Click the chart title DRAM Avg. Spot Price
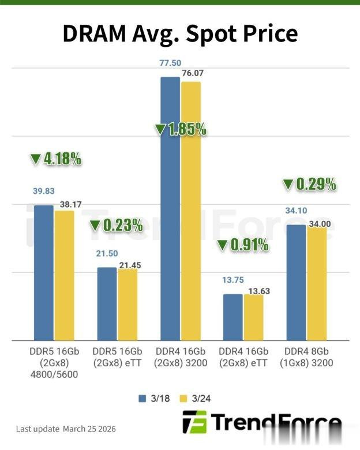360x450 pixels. tap(179, 34)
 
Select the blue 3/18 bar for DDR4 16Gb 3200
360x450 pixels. tap(170, 208)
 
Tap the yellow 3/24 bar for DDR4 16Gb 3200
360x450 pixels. tap(191, 211)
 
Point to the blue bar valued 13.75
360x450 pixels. tap(232, 317)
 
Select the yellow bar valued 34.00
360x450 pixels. tap(316, 283)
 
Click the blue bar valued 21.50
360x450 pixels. tap(107, 303)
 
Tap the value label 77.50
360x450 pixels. tap(170, 63)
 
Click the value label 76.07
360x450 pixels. tap(192, 73)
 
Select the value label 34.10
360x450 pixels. tap(295, 211)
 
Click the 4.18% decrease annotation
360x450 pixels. tap(55, 159)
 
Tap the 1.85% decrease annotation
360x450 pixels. tap(181, 129)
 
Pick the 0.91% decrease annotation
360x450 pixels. tap(243, 245)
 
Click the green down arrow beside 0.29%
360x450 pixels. tap(288, 185)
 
